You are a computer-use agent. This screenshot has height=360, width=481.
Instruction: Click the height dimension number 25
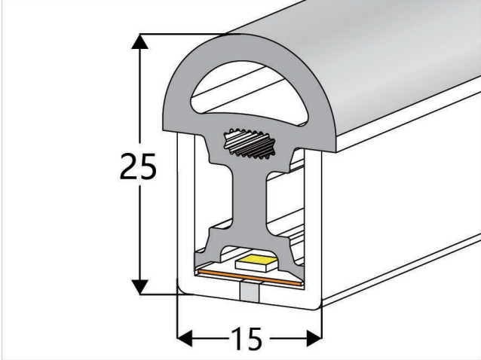[138, 167]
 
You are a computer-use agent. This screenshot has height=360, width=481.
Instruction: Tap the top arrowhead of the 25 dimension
[138, 42]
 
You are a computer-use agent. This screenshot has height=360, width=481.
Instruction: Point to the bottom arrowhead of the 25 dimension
[138, 286]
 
